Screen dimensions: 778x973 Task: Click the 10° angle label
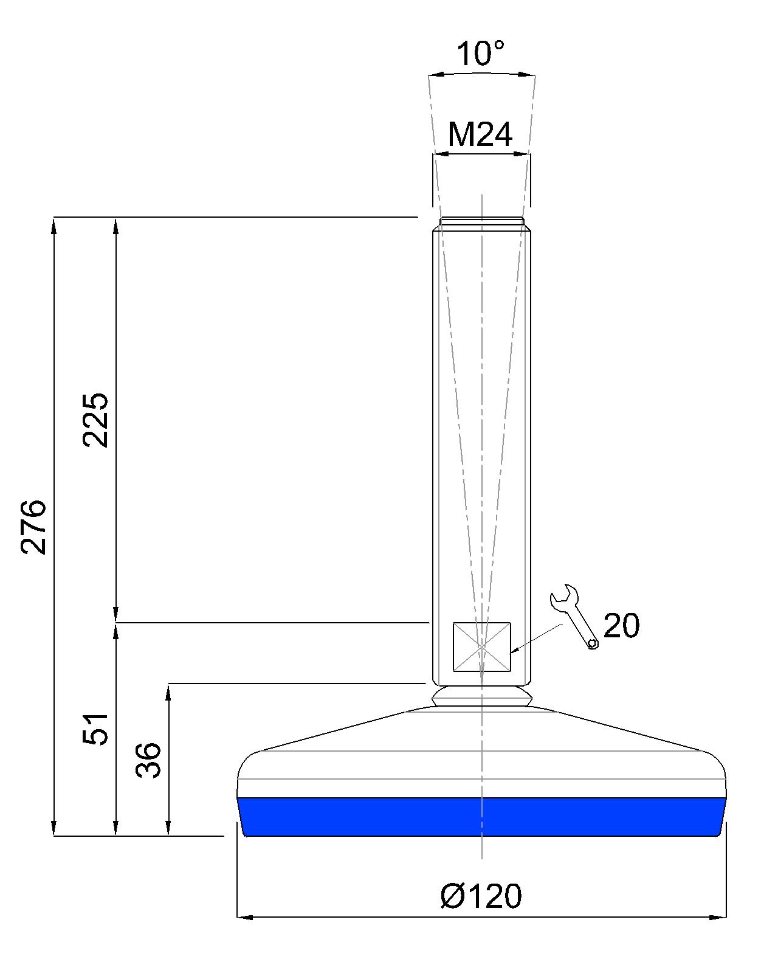click(x=480, y=54)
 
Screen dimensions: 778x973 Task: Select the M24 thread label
click(x=480, y=135)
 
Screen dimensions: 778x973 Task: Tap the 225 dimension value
click(x=96, y=420)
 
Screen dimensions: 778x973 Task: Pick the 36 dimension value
click(x=148, y=760)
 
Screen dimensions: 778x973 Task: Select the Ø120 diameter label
click(x=481, y=896)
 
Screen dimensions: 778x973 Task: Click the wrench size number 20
click(x=622, y=626)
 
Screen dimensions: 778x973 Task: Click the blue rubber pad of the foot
click(x=481, y=817)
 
